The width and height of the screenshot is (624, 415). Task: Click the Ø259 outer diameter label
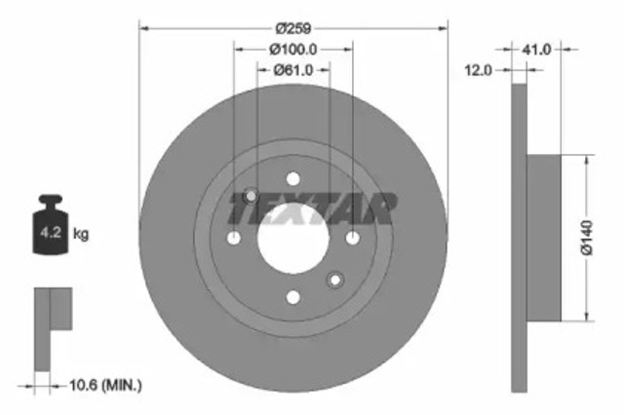click(292, 28)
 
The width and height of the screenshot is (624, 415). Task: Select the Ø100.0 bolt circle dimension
click(293, 49)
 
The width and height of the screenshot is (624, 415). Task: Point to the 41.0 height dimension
click(538, 47)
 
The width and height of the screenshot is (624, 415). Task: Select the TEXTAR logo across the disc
click(312, 208)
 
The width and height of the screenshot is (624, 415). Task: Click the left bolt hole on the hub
click(233, 239)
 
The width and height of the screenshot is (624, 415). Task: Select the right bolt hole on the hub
click(352, 239)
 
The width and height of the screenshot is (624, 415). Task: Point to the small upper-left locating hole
click(251, 196)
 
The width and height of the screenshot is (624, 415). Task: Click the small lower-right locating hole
click(335, 281)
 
